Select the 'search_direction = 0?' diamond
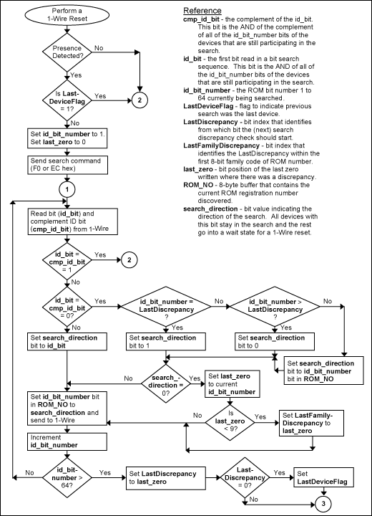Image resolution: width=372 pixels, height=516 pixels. [x=165, y=381]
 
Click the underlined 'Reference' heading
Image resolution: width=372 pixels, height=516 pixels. [x=202, y=11]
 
